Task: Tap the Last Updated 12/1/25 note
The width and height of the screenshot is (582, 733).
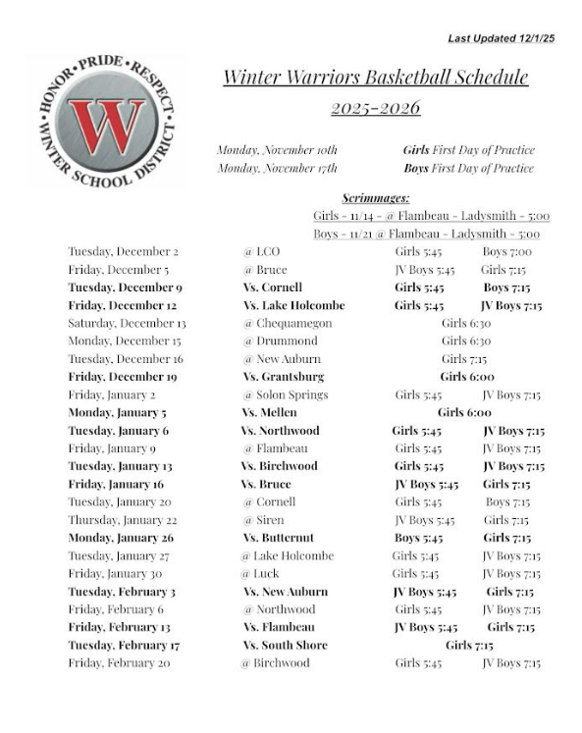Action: click(x=501, y=38)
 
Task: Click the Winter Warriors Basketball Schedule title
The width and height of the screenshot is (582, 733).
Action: click(x=375, y=78)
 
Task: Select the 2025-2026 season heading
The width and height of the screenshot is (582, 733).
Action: click(x=375, y=108)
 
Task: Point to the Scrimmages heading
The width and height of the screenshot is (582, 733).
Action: click(x=376, y=197)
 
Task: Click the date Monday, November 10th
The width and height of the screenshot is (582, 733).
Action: click(x=277, y=150)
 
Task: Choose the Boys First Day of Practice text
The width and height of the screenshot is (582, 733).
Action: click(x=468, y=169)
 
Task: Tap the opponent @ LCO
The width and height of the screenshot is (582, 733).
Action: click(x=261, y=251)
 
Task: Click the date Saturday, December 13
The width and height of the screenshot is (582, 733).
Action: click(x=127, y=323)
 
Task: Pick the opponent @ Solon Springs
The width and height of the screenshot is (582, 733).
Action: click(x=285, y=394)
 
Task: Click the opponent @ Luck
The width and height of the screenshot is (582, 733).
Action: click(x=260, y=573)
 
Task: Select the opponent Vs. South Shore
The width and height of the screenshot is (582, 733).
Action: click(x=285, y=645)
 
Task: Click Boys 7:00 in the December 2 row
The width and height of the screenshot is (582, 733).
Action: click(x=506, y=251)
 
